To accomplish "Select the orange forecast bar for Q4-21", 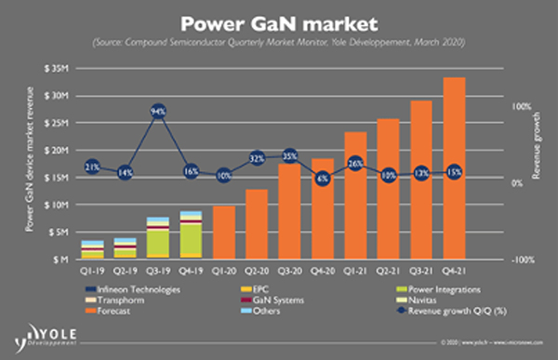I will [454, 167].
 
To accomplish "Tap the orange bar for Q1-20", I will [224, 233].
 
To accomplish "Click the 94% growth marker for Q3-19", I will [158, 113].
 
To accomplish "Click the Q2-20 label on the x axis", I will [257, 271].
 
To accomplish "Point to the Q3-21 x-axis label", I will [421, 271].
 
